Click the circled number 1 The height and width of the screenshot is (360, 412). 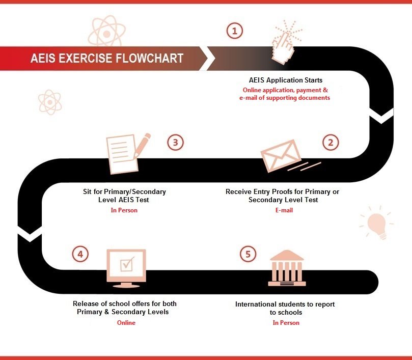coord(234,31)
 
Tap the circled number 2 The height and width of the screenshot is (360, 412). coord(330,142)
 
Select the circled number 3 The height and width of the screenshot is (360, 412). coord(175,142)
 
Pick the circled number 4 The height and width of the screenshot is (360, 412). coord(79,254)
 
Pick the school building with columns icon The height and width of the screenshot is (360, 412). coord(286,268)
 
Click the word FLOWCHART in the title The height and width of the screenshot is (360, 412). coord(150,58)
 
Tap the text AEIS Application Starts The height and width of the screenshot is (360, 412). coord(285,80)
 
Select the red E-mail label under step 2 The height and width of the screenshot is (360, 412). coord(284,210)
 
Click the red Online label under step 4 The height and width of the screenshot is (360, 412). coord(126,323)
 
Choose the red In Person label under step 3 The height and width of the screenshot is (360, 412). coord(124,210)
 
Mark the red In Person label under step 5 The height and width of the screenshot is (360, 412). coord(286,323)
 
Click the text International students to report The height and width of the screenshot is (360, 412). coord(285,304)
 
